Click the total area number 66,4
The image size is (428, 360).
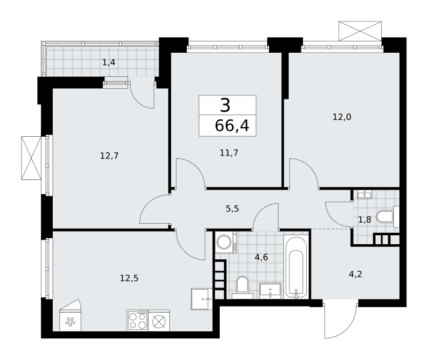[x=232, y=126]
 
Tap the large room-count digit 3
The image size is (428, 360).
[x=225, y=106]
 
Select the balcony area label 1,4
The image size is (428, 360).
[x=109, y=63]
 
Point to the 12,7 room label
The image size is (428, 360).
[x=109, y=156]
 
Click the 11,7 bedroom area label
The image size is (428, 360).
[x=229, y=153]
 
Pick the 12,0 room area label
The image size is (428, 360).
[x=342, y=117]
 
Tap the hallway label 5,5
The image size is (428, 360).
[x=232, y=209]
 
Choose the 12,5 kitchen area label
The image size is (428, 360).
[x=129, y=278]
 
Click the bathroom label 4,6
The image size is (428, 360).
[x=261, y=257]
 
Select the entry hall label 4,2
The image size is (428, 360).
[x=355, y=274]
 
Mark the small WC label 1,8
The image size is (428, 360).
[x=365, y=220]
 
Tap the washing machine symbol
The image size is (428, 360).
[x=226, y=242]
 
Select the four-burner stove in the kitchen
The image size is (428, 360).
[x=137, y=320]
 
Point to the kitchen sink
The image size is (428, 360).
[x=202, y=299]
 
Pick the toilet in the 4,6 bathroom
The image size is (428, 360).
[x=243, y=287]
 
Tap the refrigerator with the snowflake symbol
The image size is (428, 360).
[x=70, y=315]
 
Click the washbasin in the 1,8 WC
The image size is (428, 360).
[x=365, y=194]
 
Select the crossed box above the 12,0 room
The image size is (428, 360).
[x=360, y=31]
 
